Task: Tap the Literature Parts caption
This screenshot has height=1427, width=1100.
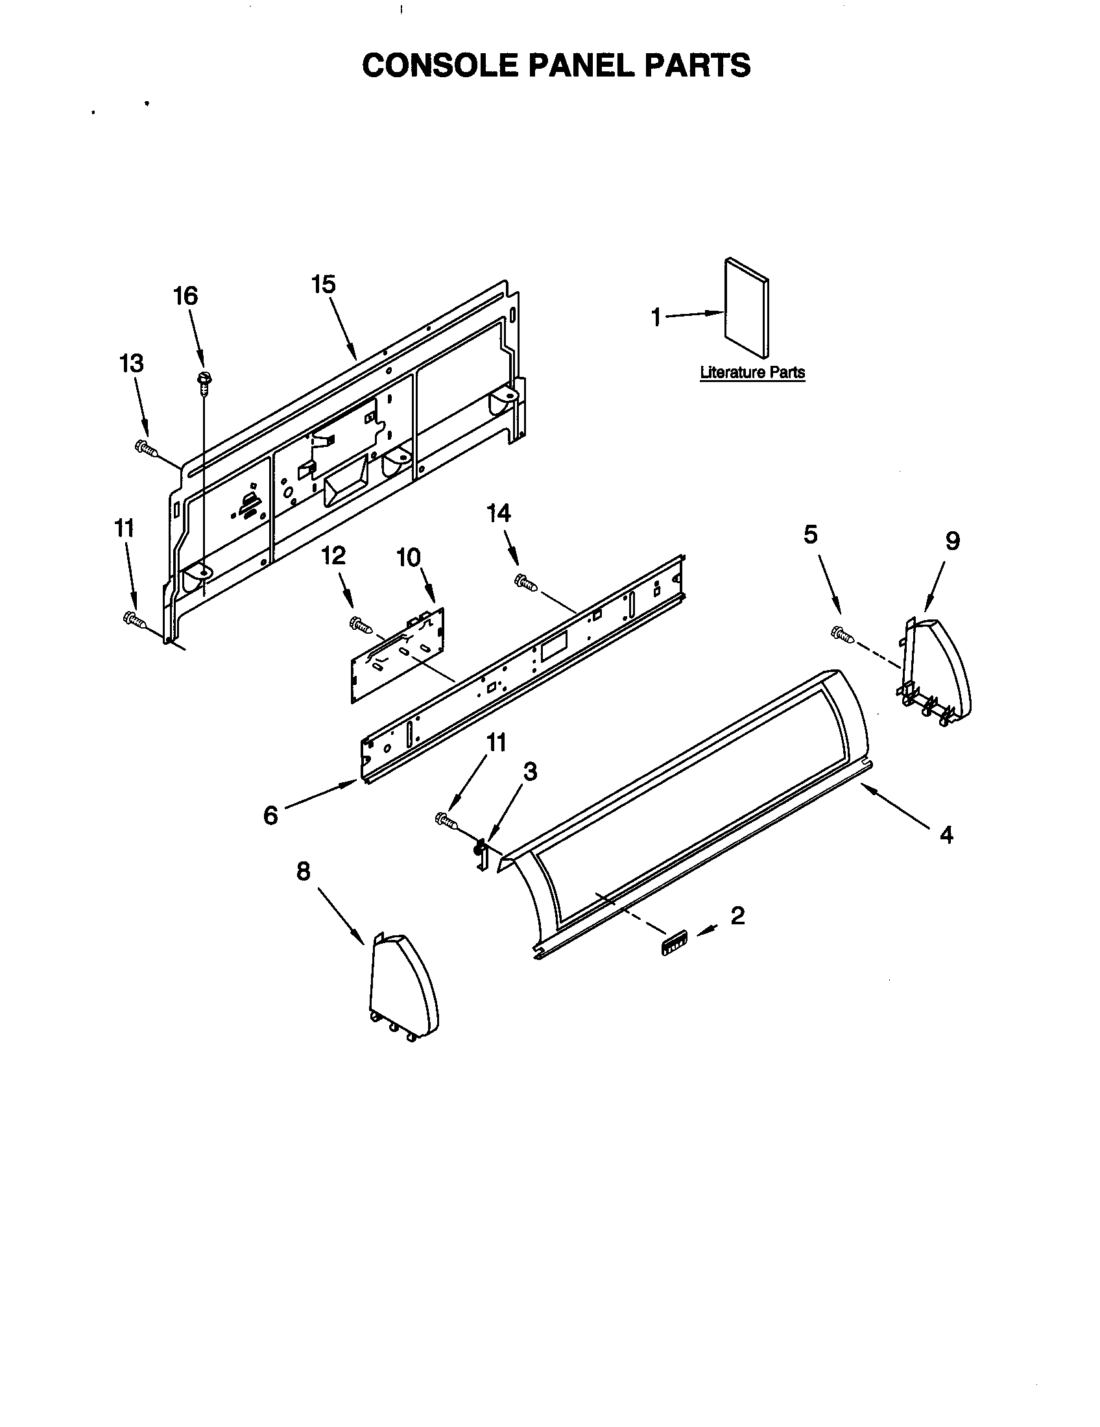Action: pos(752,372)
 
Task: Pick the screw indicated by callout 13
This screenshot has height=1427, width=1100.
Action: pos(146,448)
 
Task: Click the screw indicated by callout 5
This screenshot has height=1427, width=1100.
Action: pos(841,633)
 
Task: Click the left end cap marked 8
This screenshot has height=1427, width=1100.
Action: pos(402,989)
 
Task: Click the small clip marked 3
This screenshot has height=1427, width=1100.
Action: pos(481,853)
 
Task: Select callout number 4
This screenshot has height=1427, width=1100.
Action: pos(946,834)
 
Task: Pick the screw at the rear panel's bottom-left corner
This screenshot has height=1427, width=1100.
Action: pos(133,618)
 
